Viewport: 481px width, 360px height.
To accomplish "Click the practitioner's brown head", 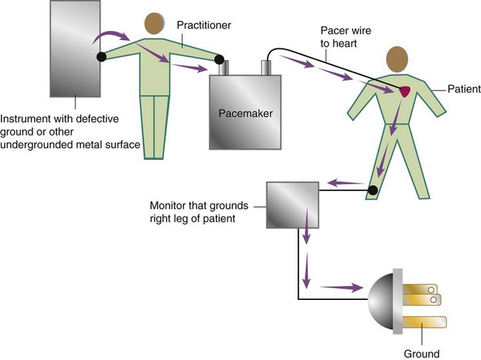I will [x=154, y=23].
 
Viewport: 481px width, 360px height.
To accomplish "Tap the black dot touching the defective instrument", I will [x=100, y=56].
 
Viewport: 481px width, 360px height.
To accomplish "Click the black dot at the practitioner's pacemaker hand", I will [x=218, y=59].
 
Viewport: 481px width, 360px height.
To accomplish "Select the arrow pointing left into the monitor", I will [x=341, y=182].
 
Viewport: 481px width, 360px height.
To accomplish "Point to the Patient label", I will [x=465, y=89].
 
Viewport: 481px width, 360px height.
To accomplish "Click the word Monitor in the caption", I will [x=168, y=204].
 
